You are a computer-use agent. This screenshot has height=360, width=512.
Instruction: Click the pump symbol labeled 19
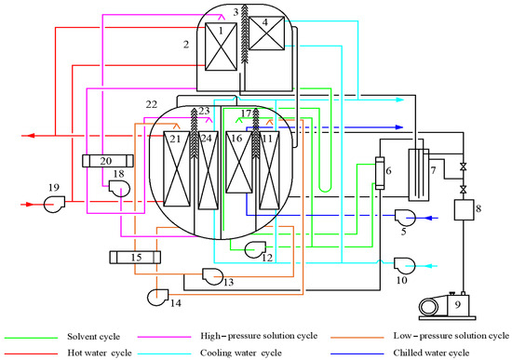(54, 204)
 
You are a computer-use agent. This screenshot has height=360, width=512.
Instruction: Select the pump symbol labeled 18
(119, 189)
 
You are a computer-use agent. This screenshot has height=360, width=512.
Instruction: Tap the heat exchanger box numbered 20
(108, 161)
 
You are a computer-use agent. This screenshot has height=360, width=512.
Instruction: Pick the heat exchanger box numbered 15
(135, 257)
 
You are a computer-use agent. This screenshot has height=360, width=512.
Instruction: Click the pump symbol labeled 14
(157, 297)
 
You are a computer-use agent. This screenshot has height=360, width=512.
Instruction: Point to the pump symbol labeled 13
(212, 276)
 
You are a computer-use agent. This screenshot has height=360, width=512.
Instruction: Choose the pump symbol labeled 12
(255, 249)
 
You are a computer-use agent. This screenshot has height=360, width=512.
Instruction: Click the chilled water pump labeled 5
(405, 218)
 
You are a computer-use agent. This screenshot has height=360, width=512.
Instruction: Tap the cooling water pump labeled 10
(405, 266)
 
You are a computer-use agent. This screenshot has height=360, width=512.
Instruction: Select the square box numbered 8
(464, 210)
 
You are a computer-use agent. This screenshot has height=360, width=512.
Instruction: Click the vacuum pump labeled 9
(448, 306)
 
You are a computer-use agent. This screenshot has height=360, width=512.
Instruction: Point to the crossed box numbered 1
(221, 47)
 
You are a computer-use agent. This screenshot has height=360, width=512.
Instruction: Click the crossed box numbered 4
(266, 33)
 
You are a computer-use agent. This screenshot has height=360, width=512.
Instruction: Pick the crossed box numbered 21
(176, 169)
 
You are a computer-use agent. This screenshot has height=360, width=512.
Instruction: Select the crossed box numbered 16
(239, 162)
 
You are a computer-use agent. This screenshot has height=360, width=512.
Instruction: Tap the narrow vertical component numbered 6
(380, 173)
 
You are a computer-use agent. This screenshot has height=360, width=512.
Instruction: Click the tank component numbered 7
(419, 175)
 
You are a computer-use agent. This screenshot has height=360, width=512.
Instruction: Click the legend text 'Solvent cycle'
(94, 337)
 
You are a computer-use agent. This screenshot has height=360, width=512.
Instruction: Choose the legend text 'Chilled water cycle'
(431, 353)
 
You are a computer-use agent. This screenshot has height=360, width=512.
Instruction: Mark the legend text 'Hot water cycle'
(100, 353)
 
